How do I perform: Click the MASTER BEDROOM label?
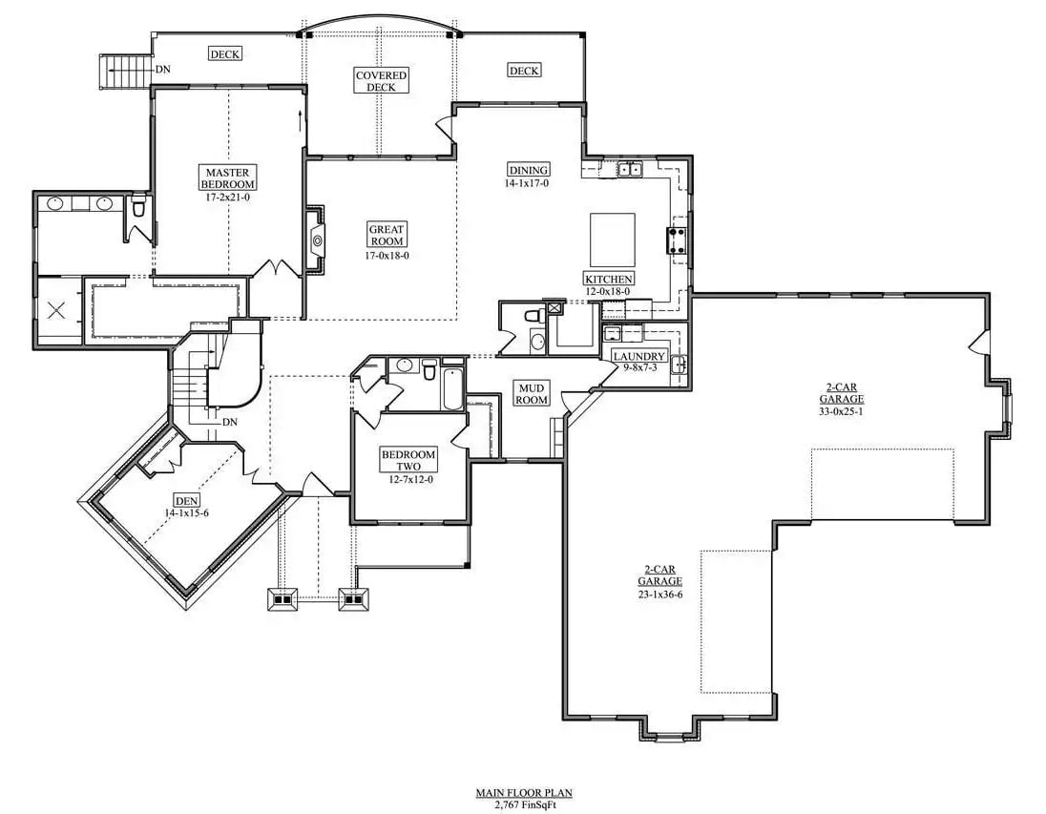click(228, 177)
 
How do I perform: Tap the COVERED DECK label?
click(382, 81)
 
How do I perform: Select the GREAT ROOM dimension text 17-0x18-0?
click(387, 255)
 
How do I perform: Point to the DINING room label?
click(528, 169)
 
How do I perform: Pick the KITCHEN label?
click(609, 279)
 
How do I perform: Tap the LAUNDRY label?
click(639, 356)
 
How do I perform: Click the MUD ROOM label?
click(532, 393)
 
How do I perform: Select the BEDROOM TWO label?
click(408, 460)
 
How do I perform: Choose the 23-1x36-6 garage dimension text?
click(660, 594)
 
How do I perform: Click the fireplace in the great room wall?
click(316, 239)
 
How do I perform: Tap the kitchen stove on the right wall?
click(680, 239)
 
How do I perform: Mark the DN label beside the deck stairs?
click(163, 69)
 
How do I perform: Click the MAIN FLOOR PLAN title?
click(524, 793)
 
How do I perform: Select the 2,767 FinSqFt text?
click(524, 804)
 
